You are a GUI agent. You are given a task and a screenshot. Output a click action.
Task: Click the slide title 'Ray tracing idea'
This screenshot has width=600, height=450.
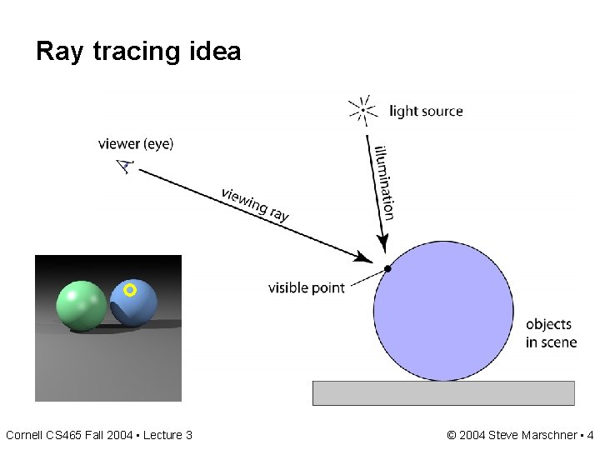[x=138, y=52]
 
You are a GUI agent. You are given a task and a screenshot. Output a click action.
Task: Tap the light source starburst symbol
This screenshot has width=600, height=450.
[x=362, y=110]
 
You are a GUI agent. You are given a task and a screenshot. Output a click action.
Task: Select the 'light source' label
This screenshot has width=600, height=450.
[x=426, y=111]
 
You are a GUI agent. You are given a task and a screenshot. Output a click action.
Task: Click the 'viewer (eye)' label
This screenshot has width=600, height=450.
[x=136, y=143]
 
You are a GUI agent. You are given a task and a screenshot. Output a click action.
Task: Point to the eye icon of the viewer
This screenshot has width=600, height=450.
[x=125, y=166]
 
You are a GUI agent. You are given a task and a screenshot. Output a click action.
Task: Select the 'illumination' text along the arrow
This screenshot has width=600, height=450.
[x=384, y=182]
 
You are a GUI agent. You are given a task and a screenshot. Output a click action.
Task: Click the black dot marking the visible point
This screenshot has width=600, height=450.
[x=387, y=268]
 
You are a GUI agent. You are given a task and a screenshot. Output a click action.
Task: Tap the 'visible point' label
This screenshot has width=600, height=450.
[x=306, y=288]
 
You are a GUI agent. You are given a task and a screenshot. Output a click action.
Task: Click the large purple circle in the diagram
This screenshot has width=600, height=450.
[x=443, y=312]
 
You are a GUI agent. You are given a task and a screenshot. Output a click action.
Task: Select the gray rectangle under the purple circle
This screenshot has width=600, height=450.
[x=443, y=392]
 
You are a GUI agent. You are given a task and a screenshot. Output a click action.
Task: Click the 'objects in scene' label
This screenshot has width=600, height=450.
[x=551, y=333]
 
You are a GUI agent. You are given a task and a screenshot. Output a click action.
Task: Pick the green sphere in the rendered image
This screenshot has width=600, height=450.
[x=81, y=305]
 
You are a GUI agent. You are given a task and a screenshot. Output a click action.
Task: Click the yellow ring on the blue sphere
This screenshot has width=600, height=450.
[x=129, y=290]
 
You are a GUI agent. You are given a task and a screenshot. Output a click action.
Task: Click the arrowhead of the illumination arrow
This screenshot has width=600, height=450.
[x=383, y=242]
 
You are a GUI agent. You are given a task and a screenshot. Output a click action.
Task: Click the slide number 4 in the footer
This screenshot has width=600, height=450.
[x=590, y=435]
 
